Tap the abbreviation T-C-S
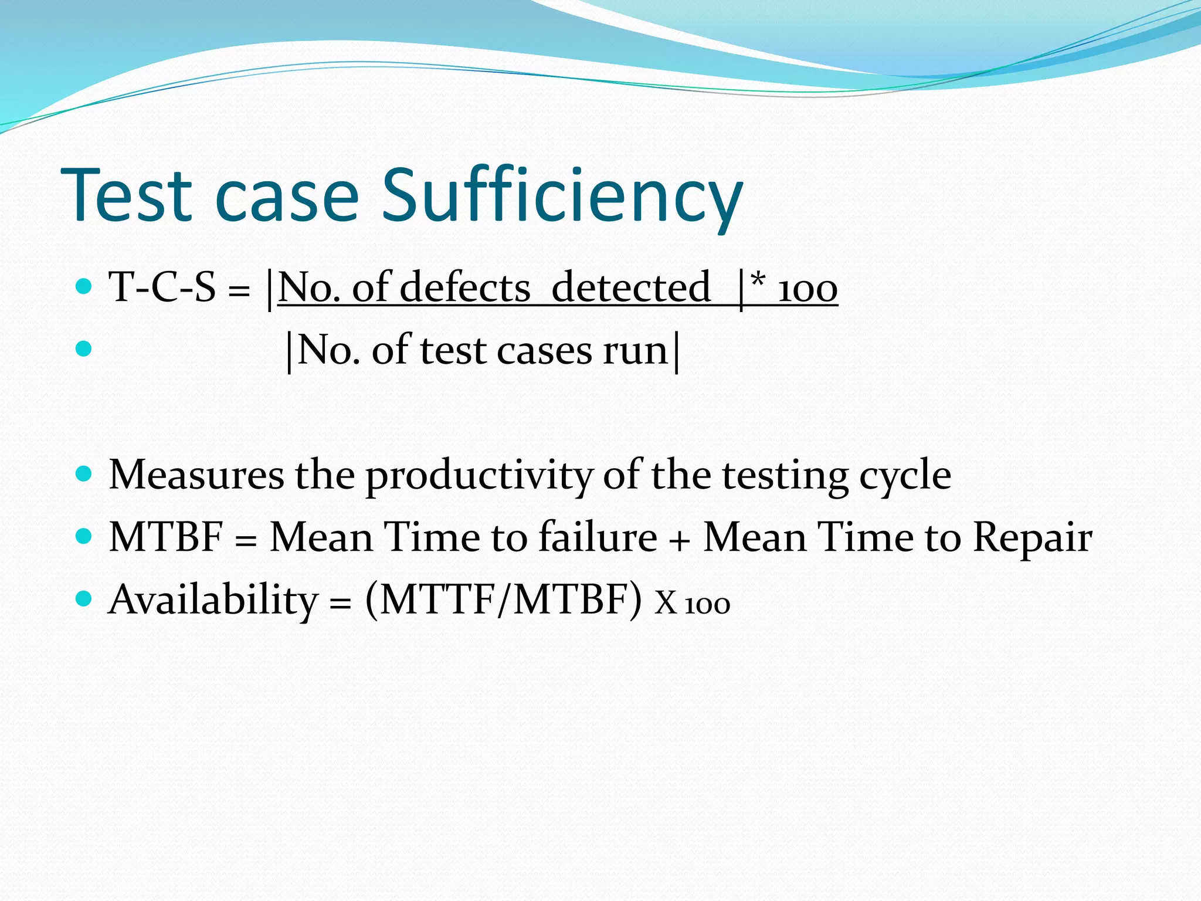tap(162, 287)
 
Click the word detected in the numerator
tap(631, 287)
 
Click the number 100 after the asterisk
tap(808, 289)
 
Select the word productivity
tap(479, 475)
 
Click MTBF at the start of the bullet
tap(167, 537)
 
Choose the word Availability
tap(213, 600)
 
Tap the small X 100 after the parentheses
tap(692, 603)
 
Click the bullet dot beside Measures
tap(84, 473)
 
